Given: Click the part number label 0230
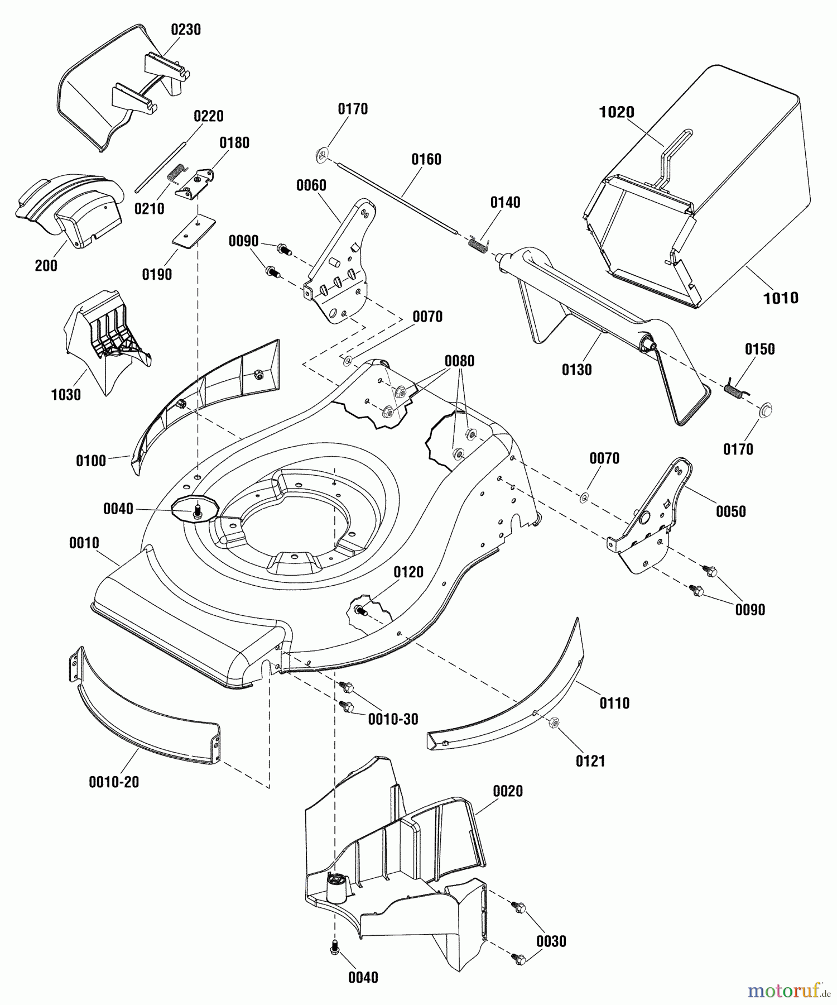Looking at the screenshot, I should [186, 30].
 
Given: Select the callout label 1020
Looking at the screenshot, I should [617, 112].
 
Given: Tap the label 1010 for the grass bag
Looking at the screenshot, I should [781, 298].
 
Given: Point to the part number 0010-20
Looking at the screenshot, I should [114, 782].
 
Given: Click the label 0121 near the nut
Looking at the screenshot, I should [590, 761].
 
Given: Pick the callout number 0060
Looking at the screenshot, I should [311, 185].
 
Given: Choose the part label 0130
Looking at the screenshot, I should [576, 370].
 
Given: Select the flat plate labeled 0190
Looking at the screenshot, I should [193, 231].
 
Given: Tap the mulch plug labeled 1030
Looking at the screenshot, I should [106, 341].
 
